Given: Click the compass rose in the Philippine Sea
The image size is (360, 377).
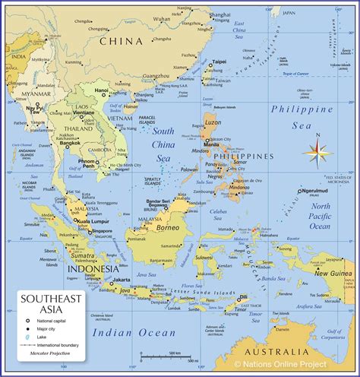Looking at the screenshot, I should tap(315, 151).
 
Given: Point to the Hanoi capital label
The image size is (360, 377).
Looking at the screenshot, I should tap(101, 90).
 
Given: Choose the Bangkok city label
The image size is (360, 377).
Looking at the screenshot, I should tap(71, 143).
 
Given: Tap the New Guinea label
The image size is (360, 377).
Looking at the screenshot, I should tap(333, 273).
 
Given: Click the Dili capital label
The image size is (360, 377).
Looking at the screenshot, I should tap(244, 297).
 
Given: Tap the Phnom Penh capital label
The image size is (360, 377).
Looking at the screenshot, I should tap(86, 164).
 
